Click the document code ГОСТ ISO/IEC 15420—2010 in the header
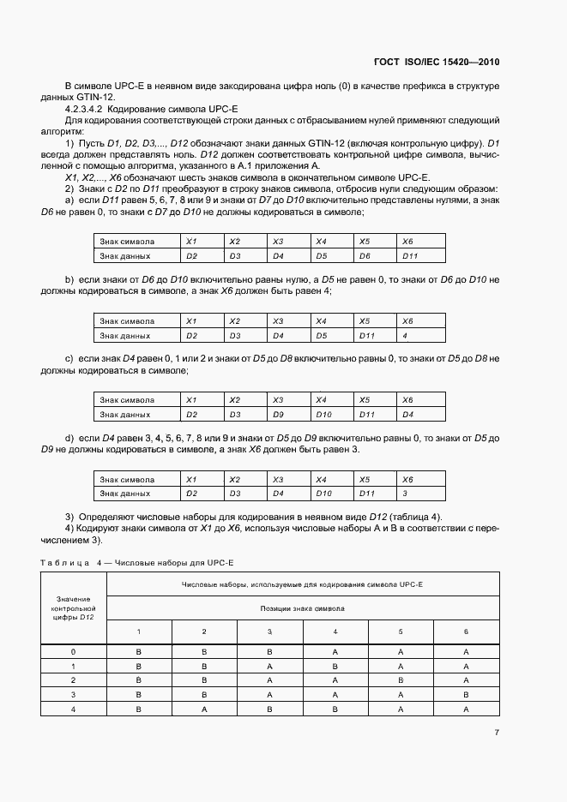tap(437, 62)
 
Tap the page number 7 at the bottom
tap(497, 733)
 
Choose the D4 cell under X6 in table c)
tap(407, 415)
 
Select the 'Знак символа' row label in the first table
tap(127, 242)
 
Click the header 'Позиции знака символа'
tap(303, 607)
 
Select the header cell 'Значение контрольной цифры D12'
tap(73, 607)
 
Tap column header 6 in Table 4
tap(466, 631)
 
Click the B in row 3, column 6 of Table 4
tap(466, 694)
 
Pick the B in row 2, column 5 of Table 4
tap(401, 679)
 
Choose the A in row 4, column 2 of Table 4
tap(204, 709)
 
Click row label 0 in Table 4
tap(73, 652)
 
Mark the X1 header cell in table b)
tap(191, 320)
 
